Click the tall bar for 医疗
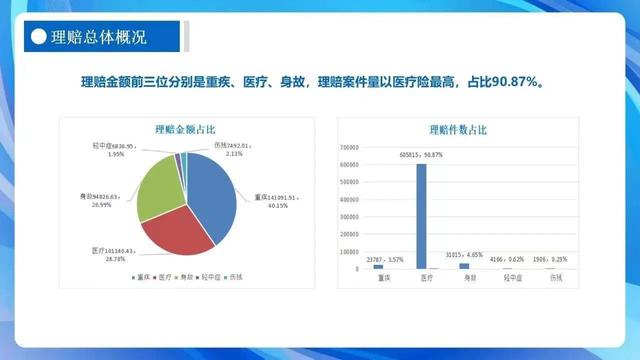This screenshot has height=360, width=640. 421,215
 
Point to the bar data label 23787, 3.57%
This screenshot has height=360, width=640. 379,258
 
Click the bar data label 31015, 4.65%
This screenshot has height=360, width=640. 465,257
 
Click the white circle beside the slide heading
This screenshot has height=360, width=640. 37,38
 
